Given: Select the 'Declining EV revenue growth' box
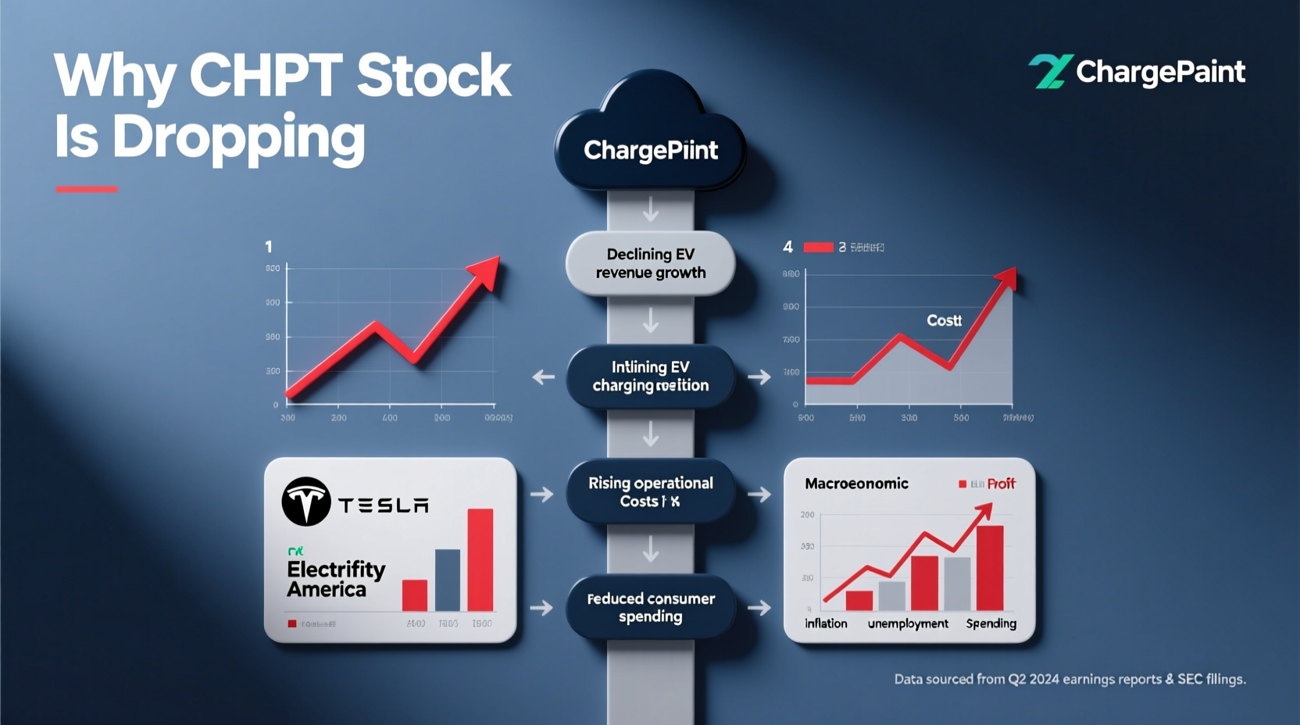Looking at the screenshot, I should (650, 263).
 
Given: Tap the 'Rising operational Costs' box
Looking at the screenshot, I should (650, 492).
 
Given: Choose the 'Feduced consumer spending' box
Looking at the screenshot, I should (650, 607).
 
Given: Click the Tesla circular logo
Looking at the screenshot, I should (305, 502).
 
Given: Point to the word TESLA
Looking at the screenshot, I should (384, 505).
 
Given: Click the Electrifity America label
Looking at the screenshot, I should (335, 579).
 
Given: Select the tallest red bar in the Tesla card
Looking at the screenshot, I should (480, 559).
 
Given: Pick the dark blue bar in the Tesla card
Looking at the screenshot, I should (448, 580).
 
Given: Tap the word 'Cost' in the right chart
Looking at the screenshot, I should (944, 320).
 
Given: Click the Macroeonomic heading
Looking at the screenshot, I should (856, 484).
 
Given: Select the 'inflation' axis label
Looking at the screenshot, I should (826, 623).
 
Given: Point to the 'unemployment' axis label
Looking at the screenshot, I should (908, 623).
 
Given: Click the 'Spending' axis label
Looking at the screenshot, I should (991, 623).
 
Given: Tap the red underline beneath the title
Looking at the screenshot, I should (87, 189).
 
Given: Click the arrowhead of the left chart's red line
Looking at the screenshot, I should (487, 270).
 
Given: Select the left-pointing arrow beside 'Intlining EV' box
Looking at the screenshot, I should (543, 377).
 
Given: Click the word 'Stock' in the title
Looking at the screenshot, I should (434, 76).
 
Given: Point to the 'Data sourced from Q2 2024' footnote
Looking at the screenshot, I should (1070, 679).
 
